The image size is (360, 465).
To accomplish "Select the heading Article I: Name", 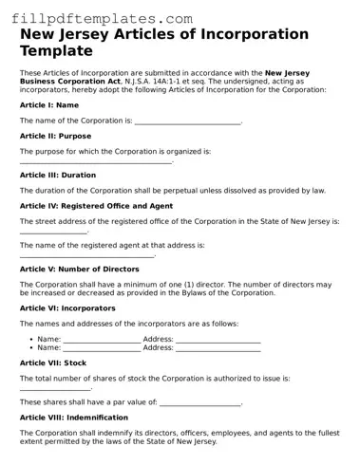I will coord(48,105).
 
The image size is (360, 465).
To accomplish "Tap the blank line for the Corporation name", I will coord(188,122).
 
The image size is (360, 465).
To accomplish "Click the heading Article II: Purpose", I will coord(56,137).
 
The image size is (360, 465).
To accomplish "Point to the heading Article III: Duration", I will coord(58,176).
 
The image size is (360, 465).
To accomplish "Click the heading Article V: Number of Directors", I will coord(80,269).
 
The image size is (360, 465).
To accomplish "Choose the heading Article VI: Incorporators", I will coord(67,308).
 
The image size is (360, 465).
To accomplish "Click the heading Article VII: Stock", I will coord(53,363).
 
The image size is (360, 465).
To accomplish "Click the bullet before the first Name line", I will coord(31,339).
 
